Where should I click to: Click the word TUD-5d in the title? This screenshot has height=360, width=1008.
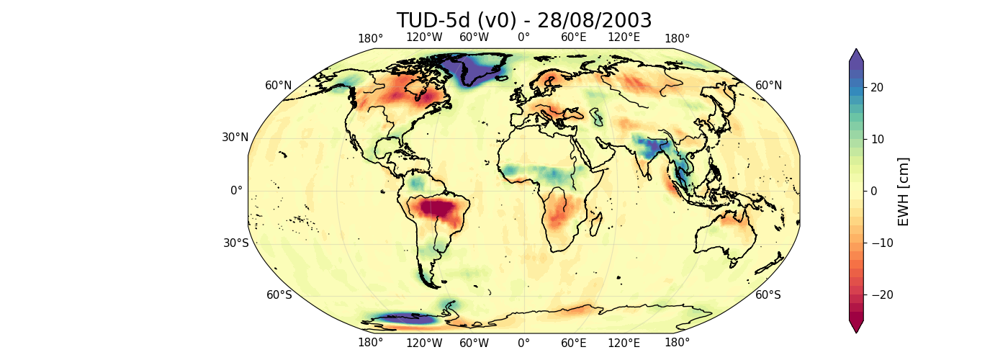[432, 21]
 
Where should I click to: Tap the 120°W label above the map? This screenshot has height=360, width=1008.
[424, 37]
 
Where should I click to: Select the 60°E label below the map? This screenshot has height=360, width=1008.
[574, 343]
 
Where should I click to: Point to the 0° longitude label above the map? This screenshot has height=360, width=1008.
[523, 37]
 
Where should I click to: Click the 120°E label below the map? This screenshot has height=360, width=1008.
[624, 343]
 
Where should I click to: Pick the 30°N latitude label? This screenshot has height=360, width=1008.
[235, 138]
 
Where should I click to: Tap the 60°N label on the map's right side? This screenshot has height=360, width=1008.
[769, 86]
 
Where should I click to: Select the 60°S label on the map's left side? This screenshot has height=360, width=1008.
[279, 295]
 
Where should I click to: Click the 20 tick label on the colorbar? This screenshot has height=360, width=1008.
[876, 87]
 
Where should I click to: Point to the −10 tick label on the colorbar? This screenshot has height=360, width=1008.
[879, 243]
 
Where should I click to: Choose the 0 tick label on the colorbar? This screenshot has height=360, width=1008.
[873, 191]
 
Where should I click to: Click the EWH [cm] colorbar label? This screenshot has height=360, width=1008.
[904, 191]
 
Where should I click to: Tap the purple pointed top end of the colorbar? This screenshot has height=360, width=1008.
[855, 55]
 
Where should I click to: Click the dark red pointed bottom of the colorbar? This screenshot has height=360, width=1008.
[855, 327]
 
